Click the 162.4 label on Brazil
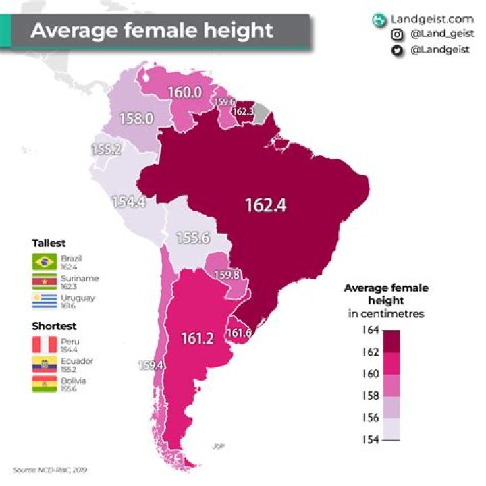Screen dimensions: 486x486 tap(265, 205)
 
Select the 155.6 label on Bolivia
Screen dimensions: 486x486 tap(192, 238)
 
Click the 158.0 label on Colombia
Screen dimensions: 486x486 tap(136, 118)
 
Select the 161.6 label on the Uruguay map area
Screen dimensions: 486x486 tap(240, 333)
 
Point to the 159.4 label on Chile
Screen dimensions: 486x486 tap(151, 365)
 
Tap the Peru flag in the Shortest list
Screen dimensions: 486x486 tap(44, 345)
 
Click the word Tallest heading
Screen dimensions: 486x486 tap(49, 243)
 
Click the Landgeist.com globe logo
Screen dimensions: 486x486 tap(377, 20)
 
